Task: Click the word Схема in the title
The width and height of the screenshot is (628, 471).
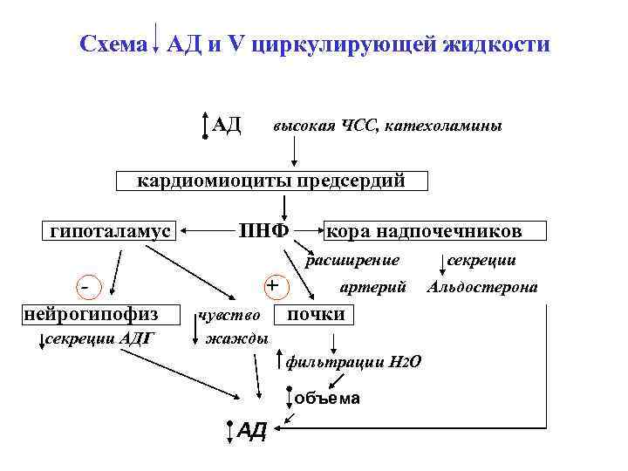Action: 112,44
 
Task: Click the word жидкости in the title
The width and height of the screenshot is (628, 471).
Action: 501,44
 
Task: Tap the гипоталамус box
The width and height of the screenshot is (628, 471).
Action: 110,231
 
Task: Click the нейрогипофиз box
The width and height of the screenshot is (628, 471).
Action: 91,313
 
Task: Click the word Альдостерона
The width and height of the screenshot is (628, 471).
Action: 481,287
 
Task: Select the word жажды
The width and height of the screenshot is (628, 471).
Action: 236,338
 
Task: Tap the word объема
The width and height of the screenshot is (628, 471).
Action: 327,399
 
